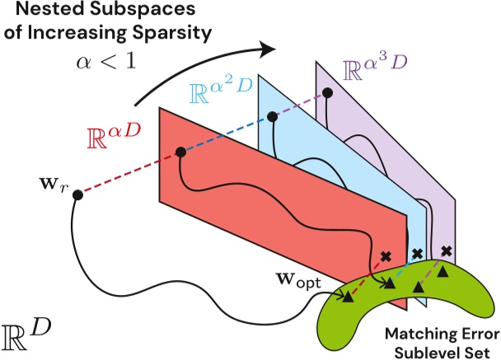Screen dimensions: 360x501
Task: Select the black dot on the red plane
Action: [x=180, y=152]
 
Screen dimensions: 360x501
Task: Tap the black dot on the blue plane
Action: [x=270, y=116]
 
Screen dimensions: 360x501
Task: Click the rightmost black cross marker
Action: [x=446, y=250]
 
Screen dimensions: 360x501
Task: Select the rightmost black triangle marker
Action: [x=444, y=271]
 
